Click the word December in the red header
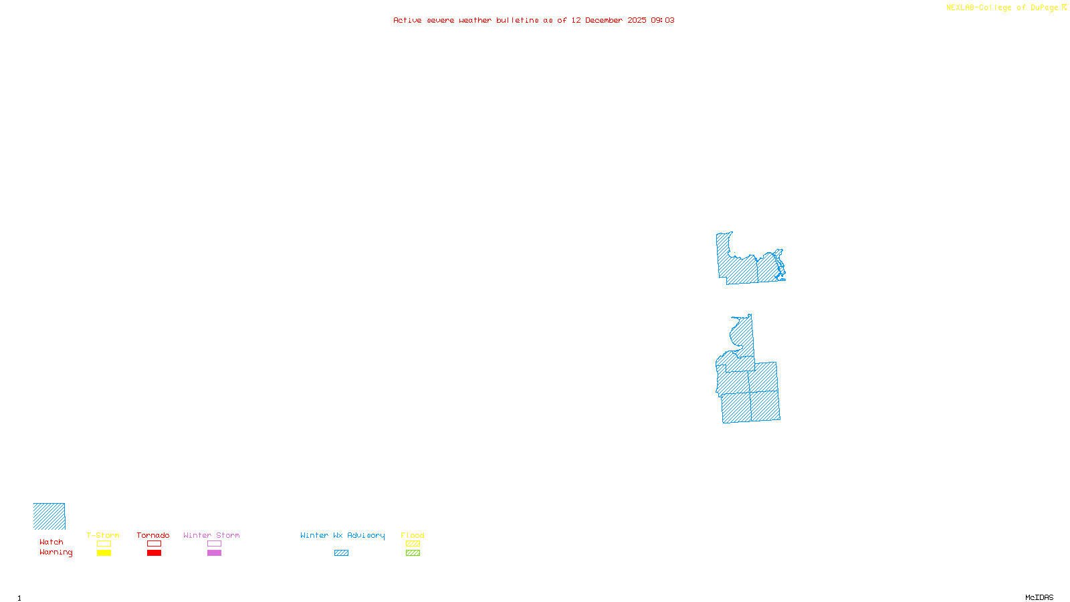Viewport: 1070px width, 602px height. pyautogui.click(x=604, y=21)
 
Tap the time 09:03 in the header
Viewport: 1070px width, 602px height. pyautogui.click(x=662, y=21)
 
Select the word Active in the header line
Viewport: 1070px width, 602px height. pyautogui.click(x=407, y=21)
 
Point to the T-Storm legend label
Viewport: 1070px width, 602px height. pyautogui.click(x=103, y=535)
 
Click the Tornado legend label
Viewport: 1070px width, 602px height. pyautogui.click(x=153, y=535)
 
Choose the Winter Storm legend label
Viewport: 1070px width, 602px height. pyautogui.click(x=211, y=535)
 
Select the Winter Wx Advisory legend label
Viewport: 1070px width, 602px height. pyautogui.click(x=342, y=535)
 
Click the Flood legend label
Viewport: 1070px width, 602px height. pyautogui.click(x=413, y=535)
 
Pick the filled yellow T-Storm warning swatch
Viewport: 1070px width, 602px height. pyautogui.click(x=104, y=553)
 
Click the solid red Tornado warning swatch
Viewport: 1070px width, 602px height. pyautogui.click(x=154, y=553)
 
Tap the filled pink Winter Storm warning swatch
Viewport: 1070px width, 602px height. pyautogui.click(x=214, y=553)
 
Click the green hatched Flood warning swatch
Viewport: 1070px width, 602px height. pyautogui.click(x=413, y=553)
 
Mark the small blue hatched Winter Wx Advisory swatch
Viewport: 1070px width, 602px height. pyautogui.click(x=341, y=553)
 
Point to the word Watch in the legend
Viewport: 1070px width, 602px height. pyautogui.click(x=51, y=542)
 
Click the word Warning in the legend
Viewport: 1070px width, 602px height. pyautogui.click(x=56, y=553)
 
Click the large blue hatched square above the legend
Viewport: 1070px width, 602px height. pyautogui.click(x=49, y=516)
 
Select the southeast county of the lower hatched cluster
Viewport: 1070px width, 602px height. pyautogui.click(x=765, y=406)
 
